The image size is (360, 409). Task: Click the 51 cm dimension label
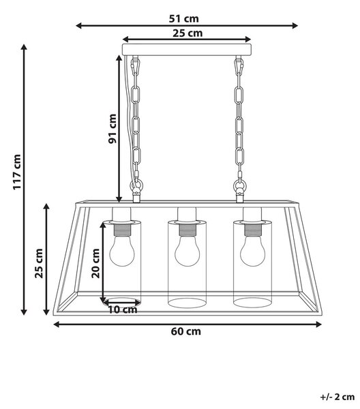click(x=183, y=19)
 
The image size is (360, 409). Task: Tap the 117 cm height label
click(x=17, y=172)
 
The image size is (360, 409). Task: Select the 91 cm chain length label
click(x=112, y=129)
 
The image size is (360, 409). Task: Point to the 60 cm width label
click(x=186, y=331)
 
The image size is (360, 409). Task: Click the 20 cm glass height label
click(x=95, y=263)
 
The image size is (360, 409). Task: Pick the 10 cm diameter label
click(x=123, y=310)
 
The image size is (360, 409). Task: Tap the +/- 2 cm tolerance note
click(x=337, y=397)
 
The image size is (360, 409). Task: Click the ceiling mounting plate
click(x=187, y=50)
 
